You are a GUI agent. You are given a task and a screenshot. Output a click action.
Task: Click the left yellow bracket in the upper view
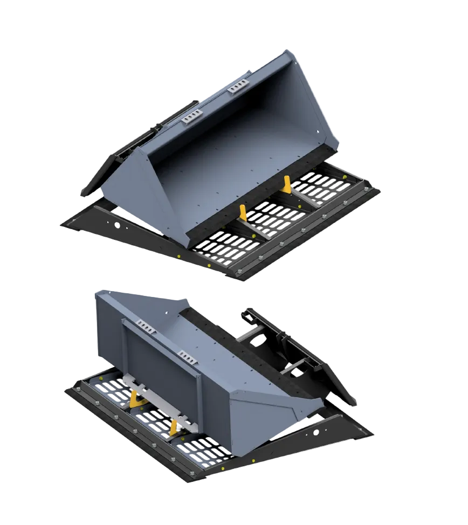[243, 213]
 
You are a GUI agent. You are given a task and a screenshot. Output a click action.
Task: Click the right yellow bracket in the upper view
[287, 184]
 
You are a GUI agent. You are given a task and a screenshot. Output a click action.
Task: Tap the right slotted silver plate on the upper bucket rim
[238, 86]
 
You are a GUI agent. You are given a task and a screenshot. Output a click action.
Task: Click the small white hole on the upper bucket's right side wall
[318, 132]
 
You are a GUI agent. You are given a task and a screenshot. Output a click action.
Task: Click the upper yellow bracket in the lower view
[133, 399]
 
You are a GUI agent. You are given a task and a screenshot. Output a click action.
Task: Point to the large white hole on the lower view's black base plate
[316, 432]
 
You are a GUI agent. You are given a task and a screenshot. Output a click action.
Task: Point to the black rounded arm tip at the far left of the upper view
[86, 190]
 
